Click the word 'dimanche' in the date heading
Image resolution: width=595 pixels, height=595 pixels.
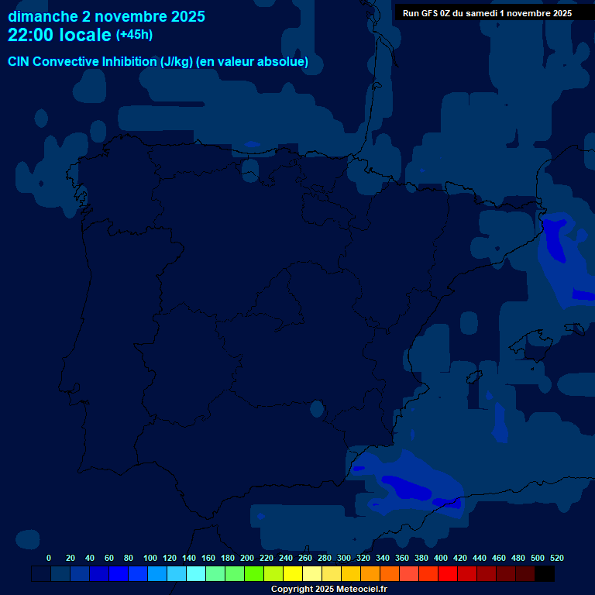pos(42,16)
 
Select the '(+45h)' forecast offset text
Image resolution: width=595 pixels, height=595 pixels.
pos(134,35)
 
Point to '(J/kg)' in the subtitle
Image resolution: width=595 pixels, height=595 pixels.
pos(177,62)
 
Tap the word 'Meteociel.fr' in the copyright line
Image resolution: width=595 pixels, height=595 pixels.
pos(362,589)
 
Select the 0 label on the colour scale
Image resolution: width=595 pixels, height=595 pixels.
pos(49,558)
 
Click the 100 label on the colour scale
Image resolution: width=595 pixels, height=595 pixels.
pos(150,558)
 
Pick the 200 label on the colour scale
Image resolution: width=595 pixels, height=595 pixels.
pos(247,558)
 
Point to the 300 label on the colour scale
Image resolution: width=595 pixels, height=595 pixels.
pos(344,558)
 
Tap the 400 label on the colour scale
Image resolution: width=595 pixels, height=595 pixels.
pos(441,558)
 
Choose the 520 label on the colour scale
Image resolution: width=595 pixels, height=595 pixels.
pos(556,558)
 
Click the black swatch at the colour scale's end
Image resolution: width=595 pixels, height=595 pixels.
pos(544,574)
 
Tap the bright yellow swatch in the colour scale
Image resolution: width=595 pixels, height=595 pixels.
pos(293,574)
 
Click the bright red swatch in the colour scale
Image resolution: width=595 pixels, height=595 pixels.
pos(448,574)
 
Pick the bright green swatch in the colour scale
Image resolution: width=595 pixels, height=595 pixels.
pos(254,574)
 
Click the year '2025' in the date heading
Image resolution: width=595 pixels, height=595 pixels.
pos(187,16)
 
